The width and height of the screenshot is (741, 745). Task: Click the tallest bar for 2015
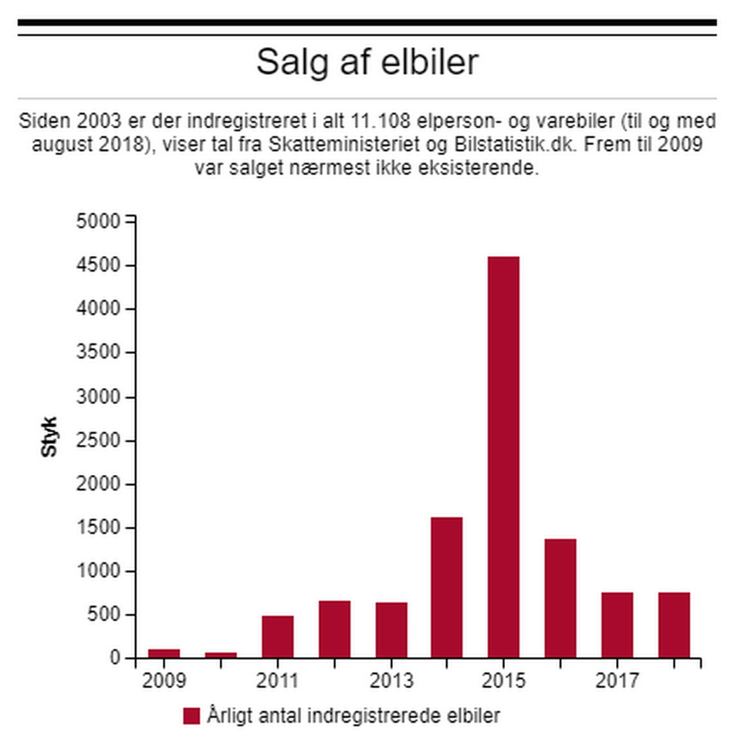click(503, 457)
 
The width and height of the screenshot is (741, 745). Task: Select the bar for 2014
click(447, 587)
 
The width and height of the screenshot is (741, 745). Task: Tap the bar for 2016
click(560, 598)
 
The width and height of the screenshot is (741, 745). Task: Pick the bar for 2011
click(277, 636)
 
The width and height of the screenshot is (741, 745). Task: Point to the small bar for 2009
click(164, 653)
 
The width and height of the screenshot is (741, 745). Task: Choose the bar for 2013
click(391, 629)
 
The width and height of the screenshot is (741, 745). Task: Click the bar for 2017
click(617, 625)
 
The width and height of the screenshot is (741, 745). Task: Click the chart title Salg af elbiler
click(367, 62)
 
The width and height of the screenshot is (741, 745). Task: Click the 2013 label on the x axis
click(391, 681)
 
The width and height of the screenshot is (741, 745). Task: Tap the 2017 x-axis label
click(617, 681)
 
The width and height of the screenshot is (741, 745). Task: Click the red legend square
click(191, 716)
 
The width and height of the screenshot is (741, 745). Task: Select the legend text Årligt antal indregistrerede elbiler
click(354, 716)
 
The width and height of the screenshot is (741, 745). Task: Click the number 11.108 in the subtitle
click(373, 122)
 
